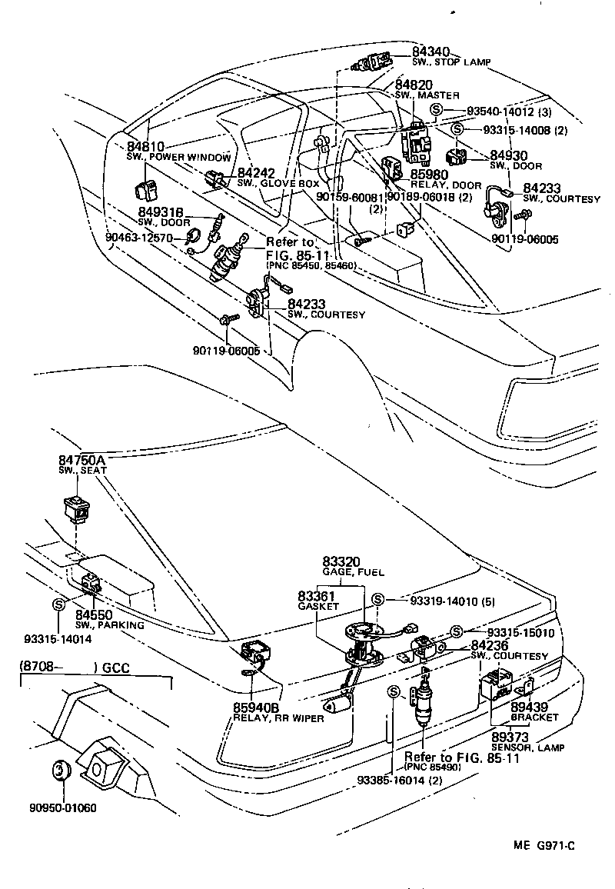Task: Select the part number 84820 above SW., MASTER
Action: pos(414,85)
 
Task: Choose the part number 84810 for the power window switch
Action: pos(145,146)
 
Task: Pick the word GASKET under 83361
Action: pos(318,606)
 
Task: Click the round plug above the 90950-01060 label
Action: pos(61,770)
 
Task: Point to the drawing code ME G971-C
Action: pos(544,845)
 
